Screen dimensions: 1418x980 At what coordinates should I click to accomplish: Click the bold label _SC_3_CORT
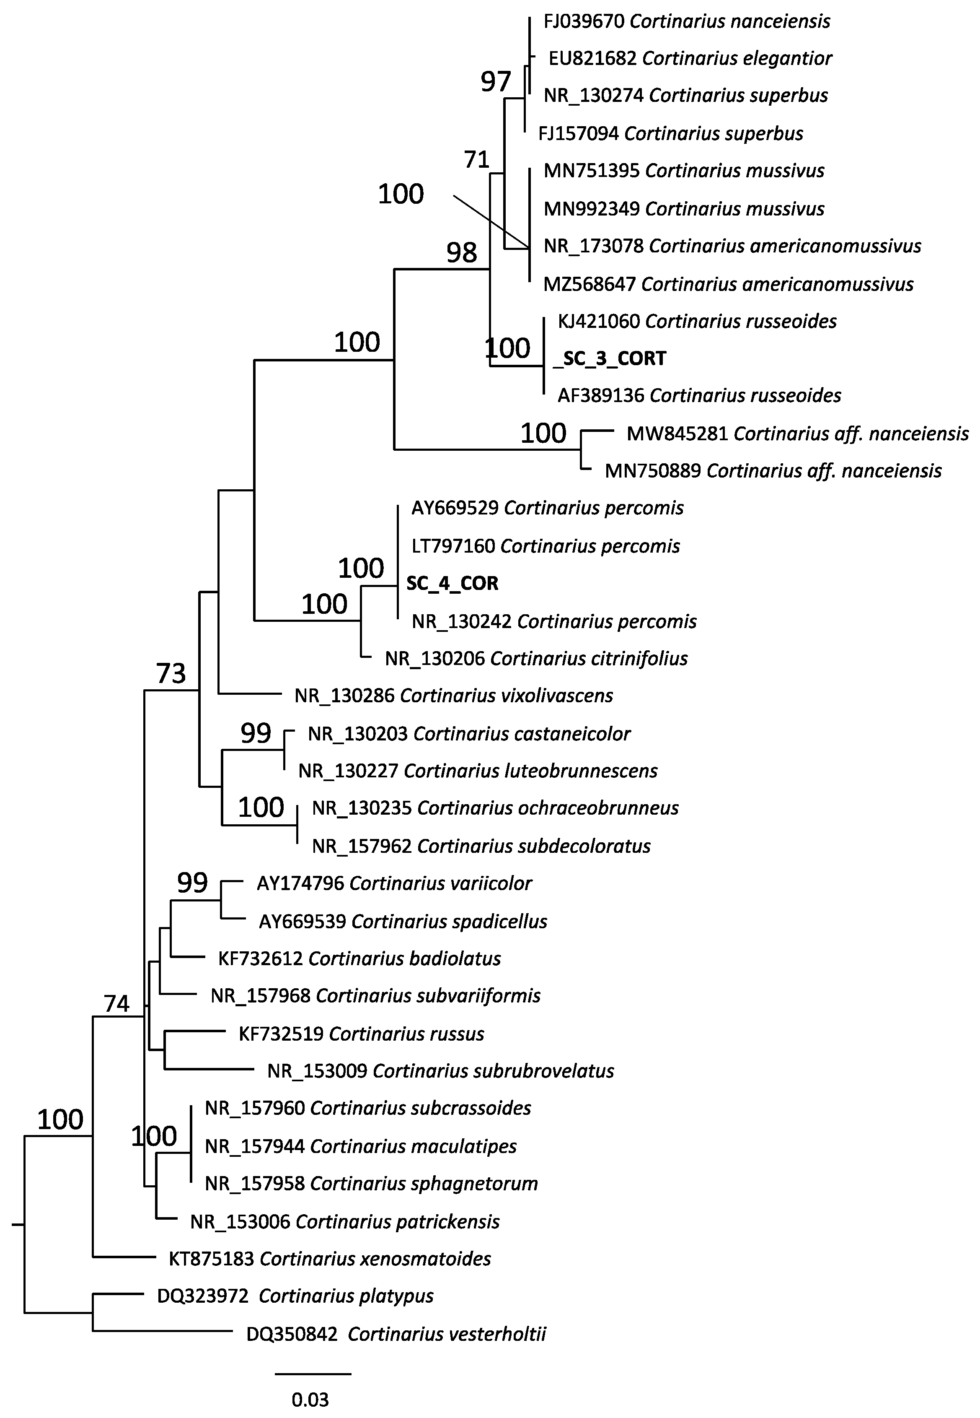coord(609,358)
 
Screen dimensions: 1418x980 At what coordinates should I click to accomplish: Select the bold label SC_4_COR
coord(452,583)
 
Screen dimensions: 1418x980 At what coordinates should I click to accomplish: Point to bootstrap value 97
coord(496,82)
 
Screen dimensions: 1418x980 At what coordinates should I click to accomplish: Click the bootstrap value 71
coord(476,160)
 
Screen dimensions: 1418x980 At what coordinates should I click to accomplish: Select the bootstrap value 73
coord(171,673)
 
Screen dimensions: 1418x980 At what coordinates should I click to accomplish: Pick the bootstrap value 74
coord(116,1004)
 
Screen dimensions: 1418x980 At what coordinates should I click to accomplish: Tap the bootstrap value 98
coord(461,252)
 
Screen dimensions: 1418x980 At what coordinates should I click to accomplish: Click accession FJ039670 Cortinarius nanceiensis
coord(686,21)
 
